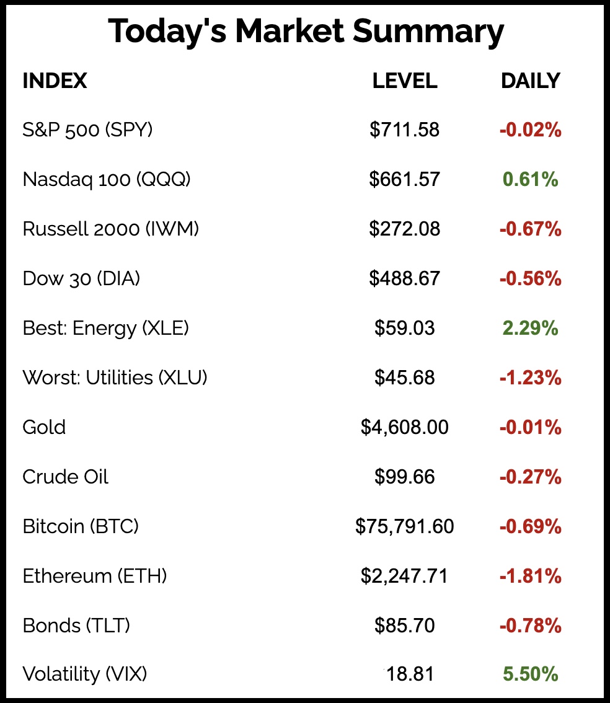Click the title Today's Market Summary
coord(306,32)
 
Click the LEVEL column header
coord(405,81)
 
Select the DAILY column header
coord(530,81)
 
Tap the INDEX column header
coord(55,81)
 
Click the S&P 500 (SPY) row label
coord(87,130)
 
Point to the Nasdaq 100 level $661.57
coord(405,180)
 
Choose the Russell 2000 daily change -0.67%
coord(530,229)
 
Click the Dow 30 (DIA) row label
coord(81,279)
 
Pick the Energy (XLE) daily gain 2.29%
coord(530,329)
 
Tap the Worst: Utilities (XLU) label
coord(115,378)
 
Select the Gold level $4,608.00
coord(405,427)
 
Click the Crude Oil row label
coord(65,477)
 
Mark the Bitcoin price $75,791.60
coord(405,527)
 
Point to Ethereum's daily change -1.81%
coord(530,577)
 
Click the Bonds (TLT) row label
coord(76,626)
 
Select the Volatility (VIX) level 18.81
coord(409,674)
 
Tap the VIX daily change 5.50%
coord(530,674)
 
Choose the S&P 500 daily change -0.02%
coord(530,130)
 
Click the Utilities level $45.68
coord(405,378)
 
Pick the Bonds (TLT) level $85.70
coord(405,626)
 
